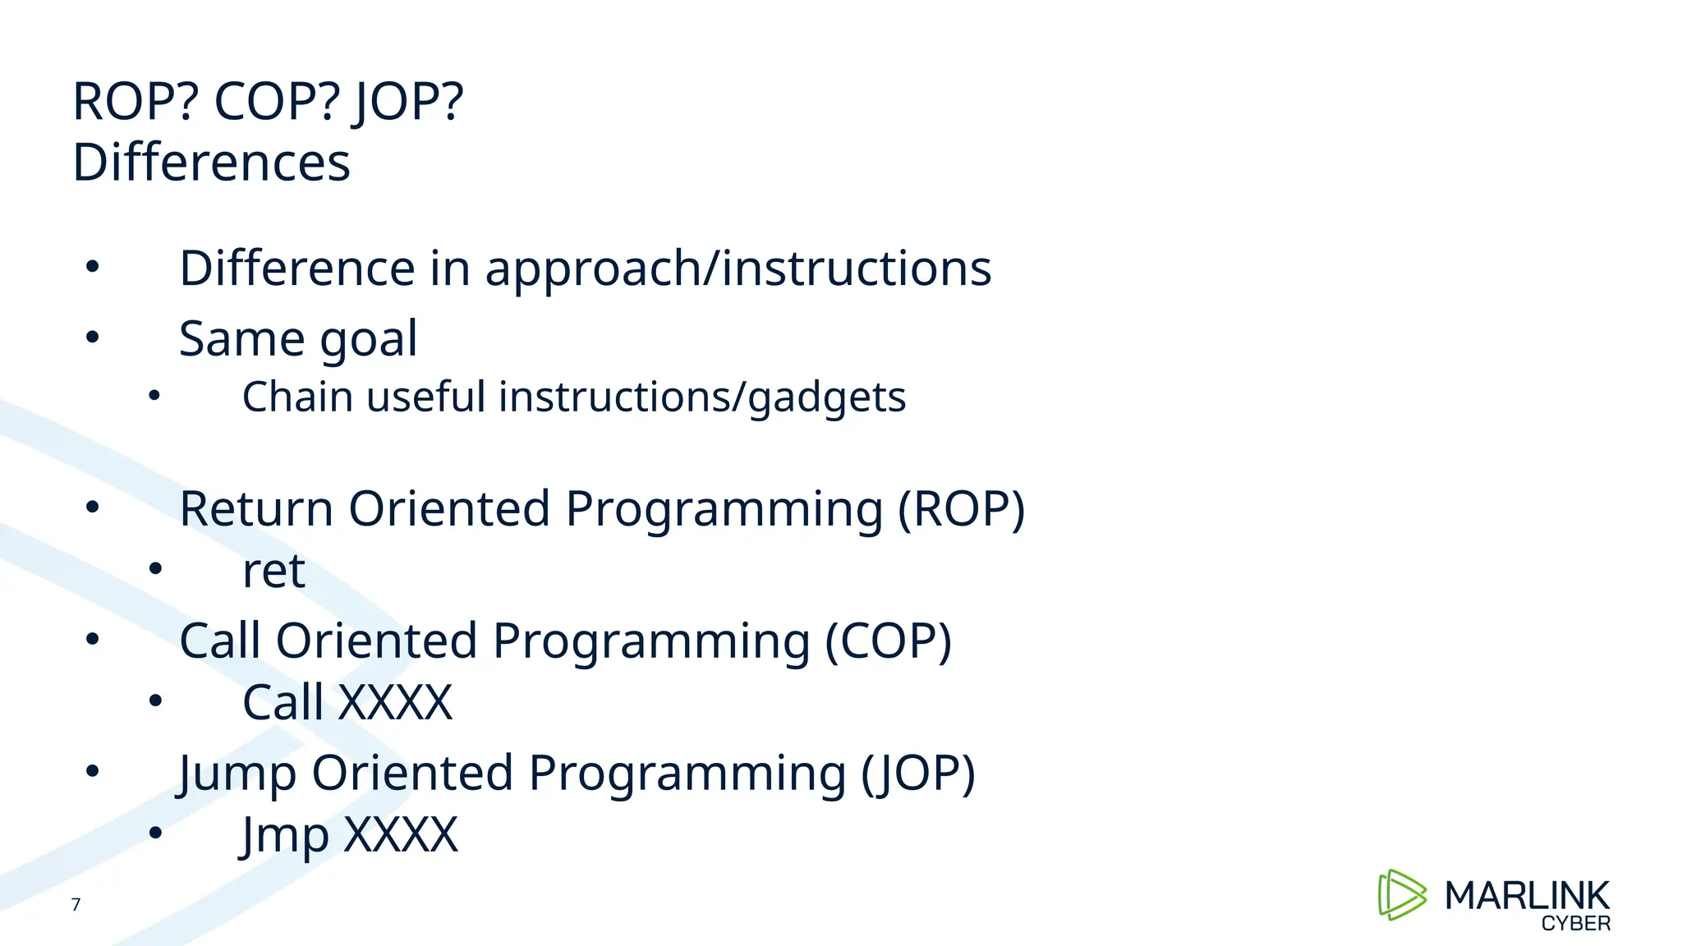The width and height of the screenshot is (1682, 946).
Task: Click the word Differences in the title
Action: (x=211, y=163)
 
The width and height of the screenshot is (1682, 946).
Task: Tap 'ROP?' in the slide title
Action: (x=136, y=103)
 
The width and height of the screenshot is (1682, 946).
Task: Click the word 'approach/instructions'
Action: (x=738, y=269)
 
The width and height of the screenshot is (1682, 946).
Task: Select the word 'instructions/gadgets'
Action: (x=701, y=397)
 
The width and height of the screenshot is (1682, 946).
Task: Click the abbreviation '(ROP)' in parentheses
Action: (x=961, y=508)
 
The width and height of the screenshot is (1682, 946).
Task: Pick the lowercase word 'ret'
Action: (x=273, y=571)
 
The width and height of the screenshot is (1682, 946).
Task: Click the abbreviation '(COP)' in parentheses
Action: (x=888, y=641)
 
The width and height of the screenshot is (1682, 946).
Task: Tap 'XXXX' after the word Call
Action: (x=395, y=703)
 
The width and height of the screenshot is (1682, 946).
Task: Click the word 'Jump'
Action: (x=237, y=774)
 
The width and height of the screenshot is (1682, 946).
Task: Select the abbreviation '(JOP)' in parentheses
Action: (x=917, y=774)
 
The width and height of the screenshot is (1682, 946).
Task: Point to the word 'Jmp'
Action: (x=284, y=835)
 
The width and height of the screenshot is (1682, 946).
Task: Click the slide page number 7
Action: (x=76, y=905)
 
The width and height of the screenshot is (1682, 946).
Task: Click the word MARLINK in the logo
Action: (x=1527, y=896)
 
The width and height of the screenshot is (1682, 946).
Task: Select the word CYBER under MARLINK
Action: (x=1575, y=924)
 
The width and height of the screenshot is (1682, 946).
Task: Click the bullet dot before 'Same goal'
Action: (x=92, y=336)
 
